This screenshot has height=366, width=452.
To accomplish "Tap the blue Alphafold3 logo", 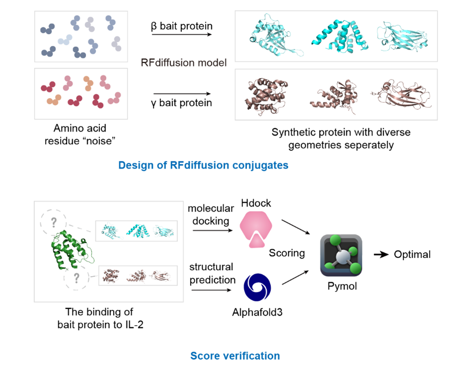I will (x=257, y=289).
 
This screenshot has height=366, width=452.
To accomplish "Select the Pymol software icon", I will (x=341, y=255).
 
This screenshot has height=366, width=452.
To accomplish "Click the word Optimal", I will (x=412, y=255).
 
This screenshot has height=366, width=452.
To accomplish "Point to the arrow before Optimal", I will (x=381, y=255).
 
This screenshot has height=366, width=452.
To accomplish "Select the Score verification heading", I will (x=235, y=356).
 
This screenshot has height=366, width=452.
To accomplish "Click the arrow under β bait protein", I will (x=181, y=34).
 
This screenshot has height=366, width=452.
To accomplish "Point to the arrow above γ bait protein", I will (x=181, y=94).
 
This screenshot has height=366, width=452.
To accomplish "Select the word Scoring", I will (x=287, y=253).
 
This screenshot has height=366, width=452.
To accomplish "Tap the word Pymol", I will (x=341, y=287).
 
